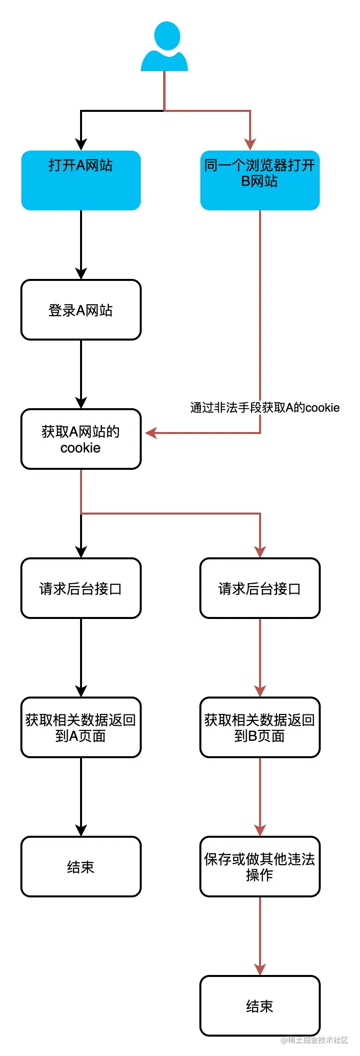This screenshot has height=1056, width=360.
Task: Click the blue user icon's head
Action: click(x=167, y=35)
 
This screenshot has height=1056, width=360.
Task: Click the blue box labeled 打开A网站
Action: click(x=81, y=180)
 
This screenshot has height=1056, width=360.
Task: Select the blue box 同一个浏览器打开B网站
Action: click(x=260, y=180)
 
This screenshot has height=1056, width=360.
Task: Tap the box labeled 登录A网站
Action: click(x=81, y=310)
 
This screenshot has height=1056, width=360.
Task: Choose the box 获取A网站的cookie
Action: click(x=81, y=439)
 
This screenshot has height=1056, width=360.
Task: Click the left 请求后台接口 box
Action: click(x=81, y=588)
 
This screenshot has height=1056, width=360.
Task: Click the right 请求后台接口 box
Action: click(x=260, y=588)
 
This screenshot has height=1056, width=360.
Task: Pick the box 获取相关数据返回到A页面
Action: click(x=81, y=727)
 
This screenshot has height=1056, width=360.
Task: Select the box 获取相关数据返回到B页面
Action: click(x=260, y=727)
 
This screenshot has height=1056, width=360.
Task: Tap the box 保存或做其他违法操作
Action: click(x=260, y=867)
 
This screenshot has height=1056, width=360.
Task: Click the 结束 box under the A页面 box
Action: click(x=81, y=867)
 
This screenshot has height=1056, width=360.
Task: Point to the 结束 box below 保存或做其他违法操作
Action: click(x=260, y=1006)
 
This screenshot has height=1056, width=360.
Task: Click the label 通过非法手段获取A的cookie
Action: click(x=265, y=408)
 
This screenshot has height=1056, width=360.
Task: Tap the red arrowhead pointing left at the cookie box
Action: click(x=151, y=433)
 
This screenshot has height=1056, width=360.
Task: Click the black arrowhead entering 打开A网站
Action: click(x=81, y=145)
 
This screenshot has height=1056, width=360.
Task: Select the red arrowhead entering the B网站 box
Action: click(x=250, y=145)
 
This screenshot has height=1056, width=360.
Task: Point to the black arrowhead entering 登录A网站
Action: click(x=81, y=274)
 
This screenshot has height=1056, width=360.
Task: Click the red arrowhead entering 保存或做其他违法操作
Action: click(x=260, y=831)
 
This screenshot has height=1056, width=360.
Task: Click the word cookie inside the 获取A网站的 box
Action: click(x=81, y=448)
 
